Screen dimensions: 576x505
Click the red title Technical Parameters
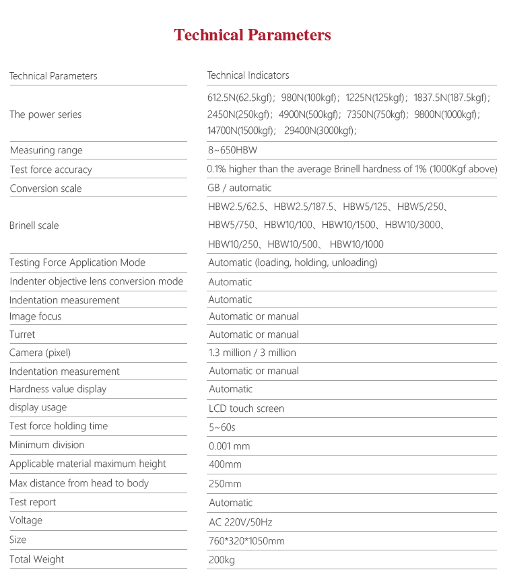[252, 35]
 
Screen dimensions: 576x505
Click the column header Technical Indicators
[248, 75]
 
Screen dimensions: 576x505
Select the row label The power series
[45, 114]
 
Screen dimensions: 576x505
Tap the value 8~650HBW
[233, 150]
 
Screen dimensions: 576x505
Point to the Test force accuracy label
[50, 170]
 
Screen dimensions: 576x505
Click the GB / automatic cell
[240, 188]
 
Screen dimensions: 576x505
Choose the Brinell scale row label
[34, 225]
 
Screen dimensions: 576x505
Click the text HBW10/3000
[415, 225]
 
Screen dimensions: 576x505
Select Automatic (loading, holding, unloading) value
[293, 262]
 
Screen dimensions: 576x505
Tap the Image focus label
[35, 316]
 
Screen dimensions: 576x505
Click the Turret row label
[22, 334]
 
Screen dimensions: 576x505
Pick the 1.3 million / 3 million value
[252, 353]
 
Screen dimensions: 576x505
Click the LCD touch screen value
[246, 408]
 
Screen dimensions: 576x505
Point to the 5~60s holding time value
[222, 427]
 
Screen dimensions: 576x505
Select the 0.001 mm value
[230, 445]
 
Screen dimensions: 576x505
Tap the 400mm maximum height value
[225, 464]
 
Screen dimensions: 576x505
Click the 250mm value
[225, 483]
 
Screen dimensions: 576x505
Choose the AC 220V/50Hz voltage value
[240, 521]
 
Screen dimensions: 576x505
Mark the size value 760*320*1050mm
[246, 540]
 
